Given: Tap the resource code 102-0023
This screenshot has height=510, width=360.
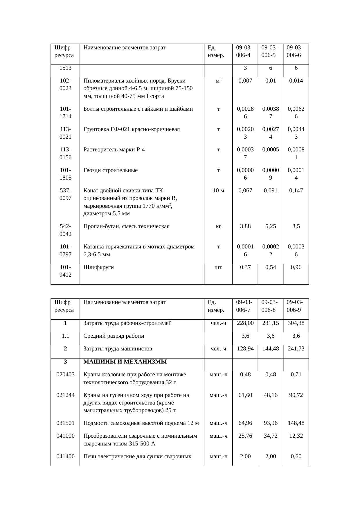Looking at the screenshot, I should (65, 84).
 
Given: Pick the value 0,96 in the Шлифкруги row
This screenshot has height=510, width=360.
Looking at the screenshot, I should (296, 267).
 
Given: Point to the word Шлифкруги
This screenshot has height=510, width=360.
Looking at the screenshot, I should (98, 267).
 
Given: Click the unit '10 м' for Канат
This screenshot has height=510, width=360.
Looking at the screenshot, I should (218, 190).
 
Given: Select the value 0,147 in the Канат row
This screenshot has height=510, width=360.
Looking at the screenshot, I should (296, 190).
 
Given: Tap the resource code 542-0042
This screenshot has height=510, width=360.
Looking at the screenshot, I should (65, 230).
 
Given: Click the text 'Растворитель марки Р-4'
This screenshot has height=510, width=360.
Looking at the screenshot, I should (114, 150).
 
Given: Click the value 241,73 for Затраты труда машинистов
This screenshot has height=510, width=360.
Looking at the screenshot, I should (296, 348).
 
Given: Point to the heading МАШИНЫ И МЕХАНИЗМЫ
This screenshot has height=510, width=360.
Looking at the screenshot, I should (125, 362).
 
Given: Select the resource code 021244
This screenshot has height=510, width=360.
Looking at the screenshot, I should (65, 395).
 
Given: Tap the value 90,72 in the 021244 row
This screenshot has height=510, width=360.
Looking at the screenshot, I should (296, 395).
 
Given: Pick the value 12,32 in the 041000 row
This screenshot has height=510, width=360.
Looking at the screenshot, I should (296, 436).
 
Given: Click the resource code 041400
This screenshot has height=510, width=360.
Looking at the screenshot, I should (65, 456).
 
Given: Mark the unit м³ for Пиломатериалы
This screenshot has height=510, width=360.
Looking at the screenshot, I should (218, 80).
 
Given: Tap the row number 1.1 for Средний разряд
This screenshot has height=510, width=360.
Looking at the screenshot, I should (65, 336).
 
